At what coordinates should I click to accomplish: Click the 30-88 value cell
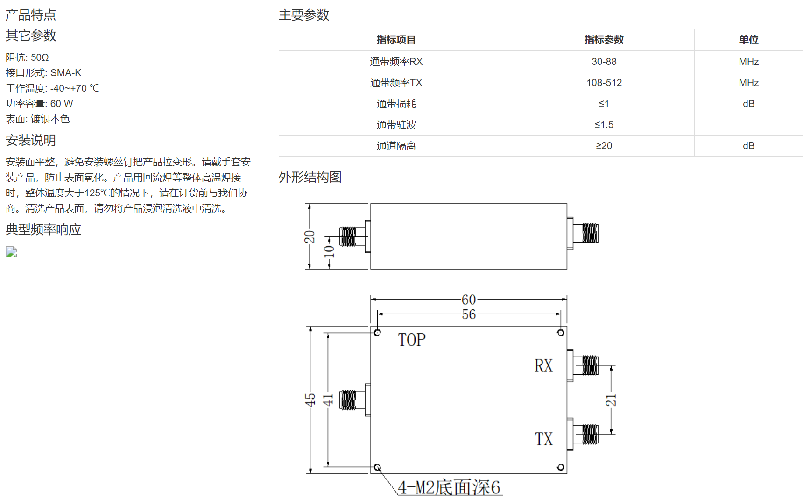click(604, 62)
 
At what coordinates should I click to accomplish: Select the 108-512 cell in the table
click(604, 83)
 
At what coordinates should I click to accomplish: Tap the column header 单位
click(748, 40)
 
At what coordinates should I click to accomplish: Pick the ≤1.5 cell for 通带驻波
click(604, 125)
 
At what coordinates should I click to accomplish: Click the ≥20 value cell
click(604, 146)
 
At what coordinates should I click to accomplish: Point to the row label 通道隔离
click(396, 146)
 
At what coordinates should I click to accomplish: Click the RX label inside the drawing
click(543, 366)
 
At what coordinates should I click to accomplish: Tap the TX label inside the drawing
click(543, 439)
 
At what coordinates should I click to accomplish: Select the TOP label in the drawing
click(411, 340)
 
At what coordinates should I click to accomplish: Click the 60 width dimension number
click(469, 300)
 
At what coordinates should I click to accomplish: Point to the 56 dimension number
click(469, 314)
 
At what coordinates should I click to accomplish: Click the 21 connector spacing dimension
click(611, 400)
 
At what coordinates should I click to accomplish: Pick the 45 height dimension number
click(310, 400)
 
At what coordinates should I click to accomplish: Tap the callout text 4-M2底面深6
click(449, 487)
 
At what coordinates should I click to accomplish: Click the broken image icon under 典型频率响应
click(11, 252)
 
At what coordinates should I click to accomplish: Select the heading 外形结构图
click(310, 177)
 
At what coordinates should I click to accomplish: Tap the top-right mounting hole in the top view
click(561, 333)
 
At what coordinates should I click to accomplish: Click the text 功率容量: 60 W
click(39, 104)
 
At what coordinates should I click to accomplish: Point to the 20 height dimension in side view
click(310, 237)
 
